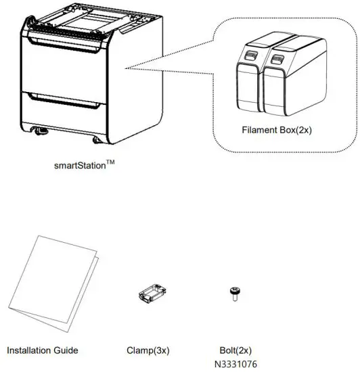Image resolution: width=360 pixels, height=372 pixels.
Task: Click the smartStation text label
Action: coord(78,164)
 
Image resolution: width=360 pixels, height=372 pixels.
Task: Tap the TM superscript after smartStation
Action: coord(110,161)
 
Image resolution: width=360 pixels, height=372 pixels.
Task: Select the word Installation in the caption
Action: coord(31,350)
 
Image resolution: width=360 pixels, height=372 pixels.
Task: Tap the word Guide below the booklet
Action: coord(66,350)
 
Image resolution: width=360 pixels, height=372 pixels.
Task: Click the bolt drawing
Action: coord(233,293)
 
